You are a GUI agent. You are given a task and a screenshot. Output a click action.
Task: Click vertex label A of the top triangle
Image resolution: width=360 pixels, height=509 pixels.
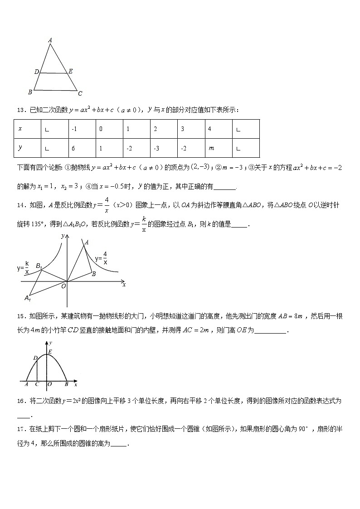coord(50,40)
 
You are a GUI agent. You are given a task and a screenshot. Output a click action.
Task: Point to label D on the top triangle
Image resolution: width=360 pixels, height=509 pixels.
coord(36,72)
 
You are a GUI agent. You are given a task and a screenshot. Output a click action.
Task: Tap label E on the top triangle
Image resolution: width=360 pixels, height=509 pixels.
coord(70,71)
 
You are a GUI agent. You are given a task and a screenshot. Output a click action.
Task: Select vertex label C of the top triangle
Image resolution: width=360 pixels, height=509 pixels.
coord(80,94)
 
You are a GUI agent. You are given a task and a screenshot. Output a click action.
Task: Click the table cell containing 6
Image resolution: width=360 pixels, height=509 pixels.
coord(82,148)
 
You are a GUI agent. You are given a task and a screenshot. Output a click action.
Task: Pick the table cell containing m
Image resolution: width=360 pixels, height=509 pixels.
coord(219,148)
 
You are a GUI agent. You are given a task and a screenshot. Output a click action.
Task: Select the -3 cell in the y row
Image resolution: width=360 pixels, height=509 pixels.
coord(164,148)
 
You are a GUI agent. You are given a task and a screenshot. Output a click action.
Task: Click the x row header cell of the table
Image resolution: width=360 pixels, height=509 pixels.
coord(28,129)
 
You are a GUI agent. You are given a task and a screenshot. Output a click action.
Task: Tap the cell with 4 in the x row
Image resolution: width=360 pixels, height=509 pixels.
coord(219,129)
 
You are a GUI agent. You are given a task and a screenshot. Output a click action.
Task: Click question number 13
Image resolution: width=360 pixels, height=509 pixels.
coord(21,110)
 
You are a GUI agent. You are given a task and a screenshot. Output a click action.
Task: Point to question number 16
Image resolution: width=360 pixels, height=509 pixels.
coord(21,401)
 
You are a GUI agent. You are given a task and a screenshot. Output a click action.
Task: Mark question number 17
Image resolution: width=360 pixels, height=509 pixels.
coord(21,428)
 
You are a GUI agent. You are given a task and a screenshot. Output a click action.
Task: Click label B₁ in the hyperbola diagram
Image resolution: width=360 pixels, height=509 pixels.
coord(39,266)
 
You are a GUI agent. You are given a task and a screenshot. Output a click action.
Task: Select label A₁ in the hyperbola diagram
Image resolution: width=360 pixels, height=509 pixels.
coord(28,298)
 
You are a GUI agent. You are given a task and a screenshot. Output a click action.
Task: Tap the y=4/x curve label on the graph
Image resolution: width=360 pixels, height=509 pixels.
coord(101,258)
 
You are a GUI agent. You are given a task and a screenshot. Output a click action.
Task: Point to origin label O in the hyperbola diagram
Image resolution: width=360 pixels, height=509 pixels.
coord(63,286)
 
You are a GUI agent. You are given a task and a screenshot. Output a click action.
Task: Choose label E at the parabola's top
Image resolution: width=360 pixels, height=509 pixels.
coord(49,351)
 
